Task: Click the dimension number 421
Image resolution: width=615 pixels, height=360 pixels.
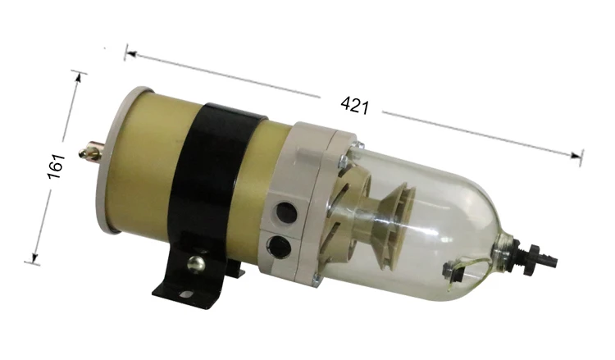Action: [x=354, y=105]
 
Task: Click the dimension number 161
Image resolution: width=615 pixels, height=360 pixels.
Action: [x=56, y=166]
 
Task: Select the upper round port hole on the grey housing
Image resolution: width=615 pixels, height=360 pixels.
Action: [x=286, y=213]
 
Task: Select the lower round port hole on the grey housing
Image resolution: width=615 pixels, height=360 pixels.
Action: [x=279, y=246]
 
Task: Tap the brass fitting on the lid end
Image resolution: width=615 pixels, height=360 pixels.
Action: [x=91, y=151]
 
